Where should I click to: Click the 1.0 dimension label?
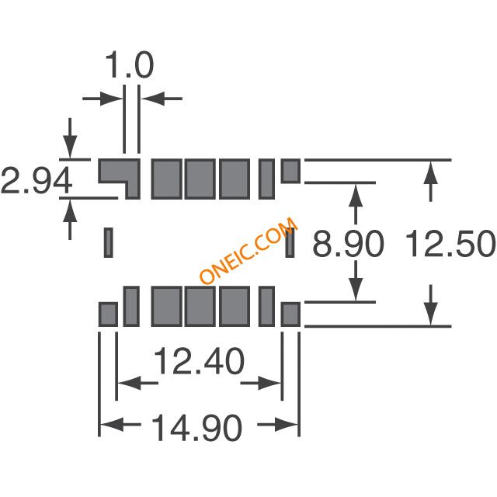[x=130, y=65]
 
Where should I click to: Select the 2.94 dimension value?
[x=36, y=180]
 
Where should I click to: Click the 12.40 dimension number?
[x=199, y=361]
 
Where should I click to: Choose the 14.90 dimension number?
[x=196, y=428]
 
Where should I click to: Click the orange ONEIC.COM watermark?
[x=249, y=250]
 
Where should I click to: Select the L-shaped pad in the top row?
[x=119, y=179]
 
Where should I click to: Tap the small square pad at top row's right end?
[x=290, y=171]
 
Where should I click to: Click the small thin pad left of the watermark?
[x=109, y=242]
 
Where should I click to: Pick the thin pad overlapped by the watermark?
[x=290, y=242]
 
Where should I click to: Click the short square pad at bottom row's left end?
[x=108, y=314]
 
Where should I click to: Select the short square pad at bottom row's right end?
[x=290, y=314]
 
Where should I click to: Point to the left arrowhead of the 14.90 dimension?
[x=112, y=425]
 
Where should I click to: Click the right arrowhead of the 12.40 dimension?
[x=269, y=383]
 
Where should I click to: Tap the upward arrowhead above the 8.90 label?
[x=356, y=196]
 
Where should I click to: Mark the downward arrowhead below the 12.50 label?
[x=430, y=314]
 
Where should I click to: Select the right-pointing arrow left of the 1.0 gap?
[x=103, y=99]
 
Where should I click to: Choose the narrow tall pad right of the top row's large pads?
[x=266, y=179]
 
